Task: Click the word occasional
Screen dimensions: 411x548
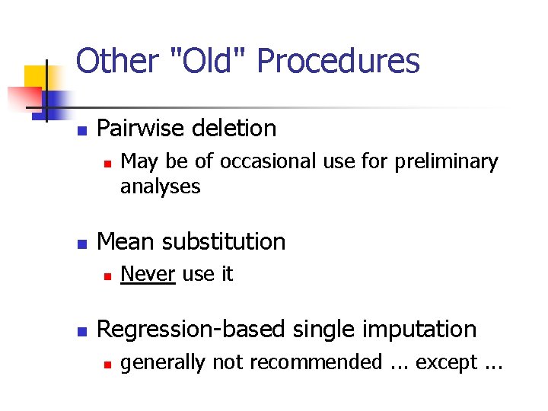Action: [x=261, y=161]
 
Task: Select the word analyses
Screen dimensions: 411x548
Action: [x=160, y=186]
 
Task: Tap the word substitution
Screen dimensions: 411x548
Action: [x=223, y=242]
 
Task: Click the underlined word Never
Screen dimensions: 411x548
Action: [x=148, y=274]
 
